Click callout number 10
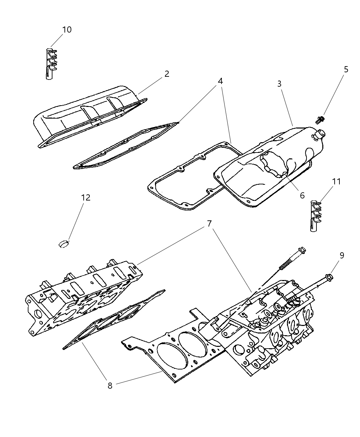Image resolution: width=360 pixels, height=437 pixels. [x=67, y=30]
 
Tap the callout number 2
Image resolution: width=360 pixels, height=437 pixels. [x=167, y=74]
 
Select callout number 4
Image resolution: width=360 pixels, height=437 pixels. [x=220, y=81]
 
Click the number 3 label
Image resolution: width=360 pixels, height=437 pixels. [x=279, y=83]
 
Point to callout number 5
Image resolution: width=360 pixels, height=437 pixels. [x=346, y=70]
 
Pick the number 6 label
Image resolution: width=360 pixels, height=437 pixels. [x=302, y=195]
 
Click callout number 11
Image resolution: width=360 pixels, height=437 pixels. [x=337, y=182]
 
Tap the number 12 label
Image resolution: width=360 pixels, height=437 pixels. [x=86, y=198]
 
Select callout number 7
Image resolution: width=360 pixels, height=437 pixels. [x=209, y=223]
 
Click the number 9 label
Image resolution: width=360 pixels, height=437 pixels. [x=341, y=255]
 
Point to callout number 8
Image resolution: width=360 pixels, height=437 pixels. [x=110, y=386]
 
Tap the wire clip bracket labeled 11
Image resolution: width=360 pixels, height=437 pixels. [x=316, y=216]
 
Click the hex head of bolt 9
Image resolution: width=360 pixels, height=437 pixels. [x=329, y=276]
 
